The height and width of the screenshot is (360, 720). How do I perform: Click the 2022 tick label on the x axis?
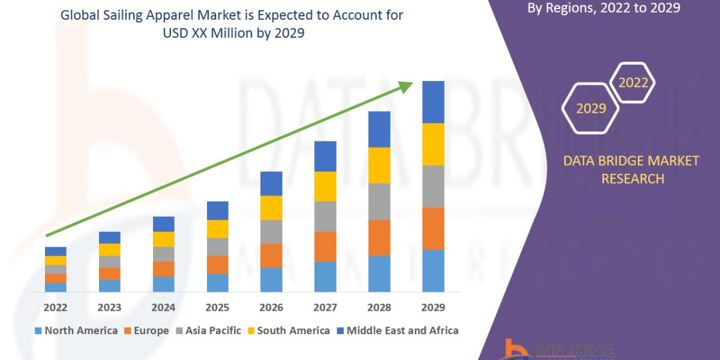click(x=55, y=307)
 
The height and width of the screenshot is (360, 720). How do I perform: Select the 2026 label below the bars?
click(x=271, y=307)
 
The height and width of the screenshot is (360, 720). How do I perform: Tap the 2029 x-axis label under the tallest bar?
click(x=433, y=307)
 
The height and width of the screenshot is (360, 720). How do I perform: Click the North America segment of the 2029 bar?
click(x=433, y=271)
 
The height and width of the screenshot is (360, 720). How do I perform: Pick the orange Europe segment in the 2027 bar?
click(x=325, y=246)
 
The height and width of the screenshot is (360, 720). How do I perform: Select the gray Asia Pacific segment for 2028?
click(x=379, y=202)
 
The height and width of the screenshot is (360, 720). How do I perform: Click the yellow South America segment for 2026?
click(x=271, y=208)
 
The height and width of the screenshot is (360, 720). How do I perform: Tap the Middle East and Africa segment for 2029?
click(x=433, y=102)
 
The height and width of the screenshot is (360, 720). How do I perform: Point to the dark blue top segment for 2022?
click(x=55, y=251)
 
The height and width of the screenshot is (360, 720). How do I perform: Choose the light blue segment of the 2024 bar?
click(x=163, y=284)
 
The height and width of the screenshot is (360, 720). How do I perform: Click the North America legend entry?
click(x=76, y=331)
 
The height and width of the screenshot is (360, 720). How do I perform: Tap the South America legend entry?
click(x=288, y=331)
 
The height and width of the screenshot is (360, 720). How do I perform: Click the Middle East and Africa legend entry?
click(x=397, y=331)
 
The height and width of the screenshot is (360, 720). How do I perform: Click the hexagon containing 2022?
click(x=632, y=82)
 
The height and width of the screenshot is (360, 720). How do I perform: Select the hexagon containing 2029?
click(x=590, y=108)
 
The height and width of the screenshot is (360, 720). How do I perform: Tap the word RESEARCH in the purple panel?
click(x=632, y=179)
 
